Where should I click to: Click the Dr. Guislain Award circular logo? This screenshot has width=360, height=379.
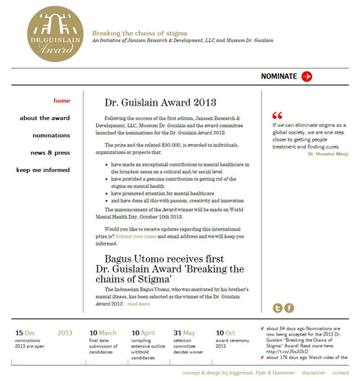[54, 34]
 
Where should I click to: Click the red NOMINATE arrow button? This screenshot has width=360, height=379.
[307, 76]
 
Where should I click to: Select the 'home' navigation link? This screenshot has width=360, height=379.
[62, 101]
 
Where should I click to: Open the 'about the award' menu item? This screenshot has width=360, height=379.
[45, 118]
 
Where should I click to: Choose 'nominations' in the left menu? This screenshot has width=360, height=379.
[51, 135]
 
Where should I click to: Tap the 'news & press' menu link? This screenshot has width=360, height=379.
[50, 153]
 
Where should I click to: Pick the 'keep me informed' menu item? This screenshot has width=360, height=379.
[43, 170]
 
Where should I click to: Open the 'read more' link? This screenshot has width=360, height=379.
[139, 304]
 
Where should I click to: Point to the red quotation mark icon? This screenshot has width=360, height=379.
[277, 116]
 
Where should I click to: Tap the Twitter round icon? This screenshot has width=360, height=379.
[278, 308]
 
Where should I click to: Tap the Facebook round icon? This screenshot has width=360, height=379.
[289, 308]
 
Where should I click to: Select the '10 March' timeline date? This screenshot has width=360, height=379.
[103, 333]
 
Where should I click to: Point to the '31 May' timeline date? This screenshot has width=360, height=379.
[184, 333]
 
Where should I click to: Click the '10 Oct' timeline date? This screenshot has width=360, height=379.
[225, 333]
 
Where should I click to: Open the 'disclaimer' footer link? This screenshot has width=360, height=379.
[313, 373]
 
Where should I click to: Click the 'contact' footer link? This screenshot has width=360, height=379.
[341, 373]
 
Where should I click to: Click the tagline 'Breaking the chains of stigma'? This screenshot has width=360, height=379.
[139, 33]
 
